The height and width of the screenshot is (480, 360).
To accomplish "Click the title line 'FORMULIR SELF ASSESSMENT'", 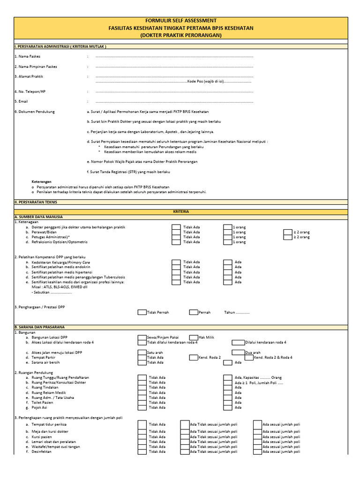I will click(180, 21).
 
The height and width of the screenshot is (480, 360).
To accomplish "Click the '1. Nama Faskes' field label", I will click(28, 56).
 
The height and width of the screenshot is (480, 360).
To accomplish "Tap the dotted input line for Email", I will click(174, 101).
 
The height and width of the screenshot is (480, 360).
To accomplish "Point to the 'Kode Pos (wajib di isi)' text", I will click(205, 81).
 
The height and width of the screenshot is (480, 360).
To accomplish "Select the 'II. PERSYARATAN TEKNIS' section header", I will click(36, 202).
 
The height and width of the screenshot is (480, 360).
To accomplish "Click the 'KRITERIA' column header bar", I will click(180, 212).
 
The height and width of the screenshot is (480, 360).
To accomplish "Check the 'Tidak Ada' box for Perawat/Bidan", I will click(176, 232).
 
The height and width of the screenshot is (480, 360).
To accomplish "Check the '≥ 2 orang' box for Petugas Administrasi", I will click(288, 237).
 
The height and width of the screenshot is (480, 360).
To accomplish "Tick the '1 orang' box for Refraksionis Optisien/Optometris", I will click(227, 242).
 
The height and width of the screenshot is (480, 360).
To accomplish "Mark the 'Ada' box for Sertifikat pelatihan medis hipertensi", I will click(227, 272).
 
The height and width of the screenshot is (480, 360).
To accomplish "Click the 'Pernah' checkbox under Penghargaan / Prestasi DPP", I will click(194, 312).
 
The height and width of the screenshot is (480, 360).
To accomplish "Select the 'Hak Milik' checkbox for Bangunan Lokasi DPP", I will click(194, 337).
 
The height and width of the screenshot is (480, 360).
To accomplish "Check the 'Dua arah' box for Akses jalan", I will click(238, 352).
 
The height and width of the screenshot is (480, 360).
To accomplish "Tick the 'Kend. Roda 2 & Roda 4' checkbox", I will click(248, 358).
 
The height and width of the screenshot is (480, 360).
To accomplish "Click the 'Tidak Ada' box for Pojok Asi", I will click(142, 408).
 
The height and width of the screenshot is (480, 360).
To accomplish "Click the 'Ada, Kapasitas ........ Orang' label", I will click(258, 377).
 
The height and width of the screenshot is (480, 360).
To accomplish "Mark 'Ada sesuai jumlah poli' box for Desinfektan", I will click(257, 452).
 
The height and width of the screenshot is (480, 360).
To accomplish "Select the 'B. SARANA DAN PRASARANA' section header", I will click(40, 327).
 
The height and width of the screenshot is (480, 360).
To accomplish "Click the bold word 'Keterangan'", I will click(41, 181).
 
